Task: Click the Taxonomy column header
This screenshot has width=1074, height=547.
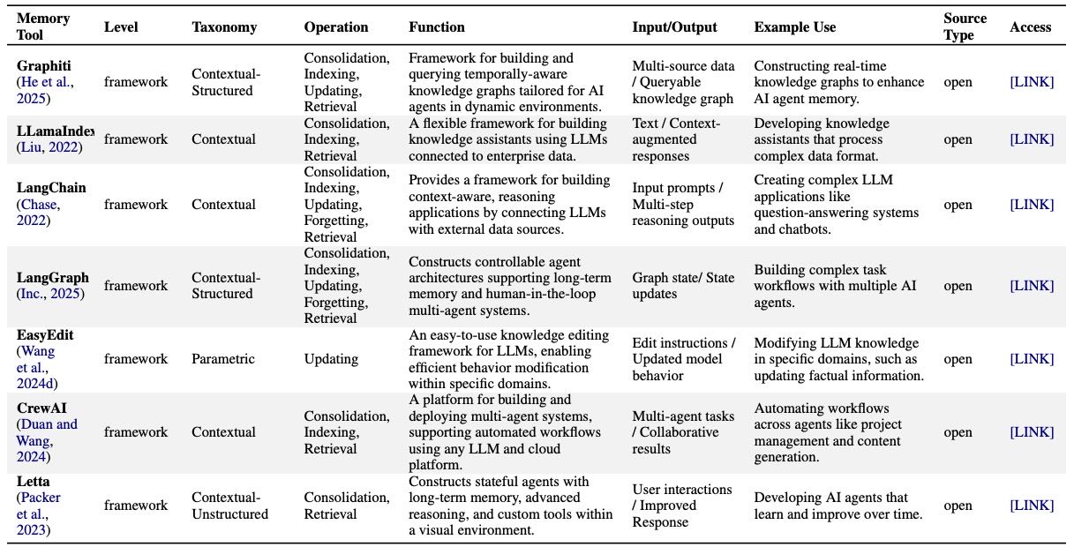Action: pos(224,27)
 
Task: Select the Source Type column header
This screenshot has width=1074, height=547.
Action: pos(965,26)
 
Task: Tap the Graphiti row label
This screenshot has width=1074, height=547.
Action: pos(44,66)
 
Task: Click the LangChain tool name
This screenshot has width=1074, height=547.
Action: pos(51,188)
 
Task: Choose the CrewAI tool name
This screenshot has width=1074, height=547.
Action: pos(41,408)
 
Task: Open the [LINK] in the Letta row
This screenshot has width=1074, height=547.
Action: pos(1032,506)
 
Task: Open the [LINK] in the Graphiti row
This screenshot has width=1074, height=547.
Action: pos(1032,82)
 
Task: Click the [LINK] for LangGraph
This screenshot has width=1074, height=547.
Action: pos(1032,286)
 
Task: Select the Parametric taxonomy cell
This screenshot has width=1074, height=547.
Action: pos(223,359)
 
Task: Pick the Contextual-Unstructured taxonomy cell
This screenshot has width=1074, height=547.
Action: pos(229,506)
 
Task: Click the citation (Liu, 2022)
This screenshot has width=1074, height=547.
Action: pos(49,147)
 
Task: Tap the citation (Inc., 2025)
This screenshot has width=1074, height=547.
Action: pos(50,294)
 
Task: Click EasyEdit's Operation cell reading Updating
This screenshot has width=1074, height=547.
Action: pos(331,359)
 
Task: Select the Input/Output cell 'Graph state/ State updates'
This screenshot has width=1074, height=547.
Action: pos(683,286)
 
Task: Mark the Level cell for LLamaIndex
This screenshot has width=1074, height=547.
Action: pos(135,139)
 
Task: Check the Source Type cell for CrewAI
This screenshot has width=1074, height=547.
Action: pos(958,432)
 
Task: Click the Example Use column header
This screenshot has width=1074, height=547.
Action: pos(794,27)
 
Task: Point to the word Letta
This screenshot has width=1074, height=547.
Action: pos(34,481)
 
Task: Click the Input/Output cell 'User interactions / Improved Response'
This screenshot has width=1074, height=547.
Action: pos(682,506)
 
